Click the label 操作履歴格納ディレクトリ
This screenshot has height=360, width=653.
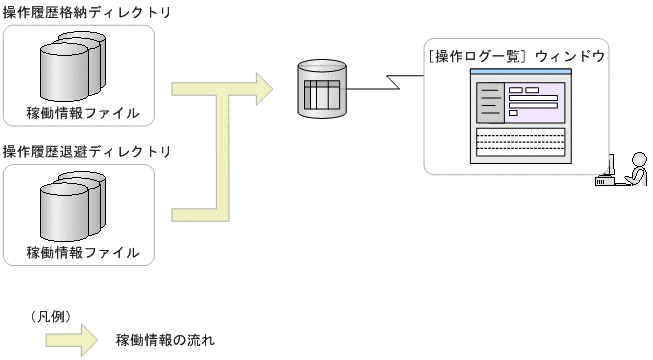(87, 13)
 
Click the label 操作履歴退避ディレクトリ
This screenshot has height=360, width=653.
(87, 152)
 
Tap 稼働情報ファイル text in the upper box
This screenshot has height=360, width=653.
(83, 111)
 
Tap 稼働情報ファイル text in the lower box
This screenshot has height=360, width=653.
(83, 251)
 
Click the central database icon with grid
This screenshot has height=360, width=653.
(321, 90)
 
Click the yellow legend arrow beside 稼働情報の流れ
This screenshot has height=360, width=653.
(71, 339)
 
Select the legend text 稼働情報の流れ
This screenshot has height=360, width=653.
(165, 339)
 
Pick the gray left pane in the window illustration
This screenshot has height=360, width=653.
(489, 102)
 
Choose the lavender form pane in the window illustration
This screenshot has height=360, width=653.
(536, 102)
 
